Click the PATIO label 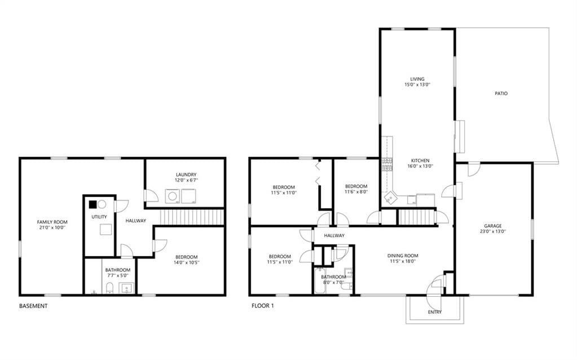coord(501,94)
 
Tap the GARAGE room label coord(493,226)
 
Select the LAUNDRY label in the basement coord(186,174)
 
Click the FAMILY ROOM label coord(52,222)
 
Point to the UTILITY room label coord(99,217)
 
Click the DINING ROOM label coord(403,256)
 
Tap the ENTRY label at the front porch coord(435,312)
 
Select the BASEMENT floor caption coord(33,306)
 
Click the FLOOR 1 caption coord(263,305)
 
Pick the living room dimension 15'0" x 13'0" coord(417,84)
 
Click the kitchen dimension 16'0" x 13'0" coord(420,166)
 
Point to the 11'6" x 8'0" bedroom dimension coord(356,192)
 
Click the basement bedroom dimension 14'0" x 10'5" coord(187,262)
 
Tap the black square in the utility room coord(93,204)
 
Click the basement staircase coord(192,217)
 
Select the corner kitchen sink coord(390,199)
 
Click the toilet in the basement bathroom coord(109,288)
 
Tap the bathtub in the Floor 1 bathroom coord(320,281)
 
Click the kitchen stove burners coord(387,165)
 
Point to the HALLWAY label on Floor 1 coord(334,236)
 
